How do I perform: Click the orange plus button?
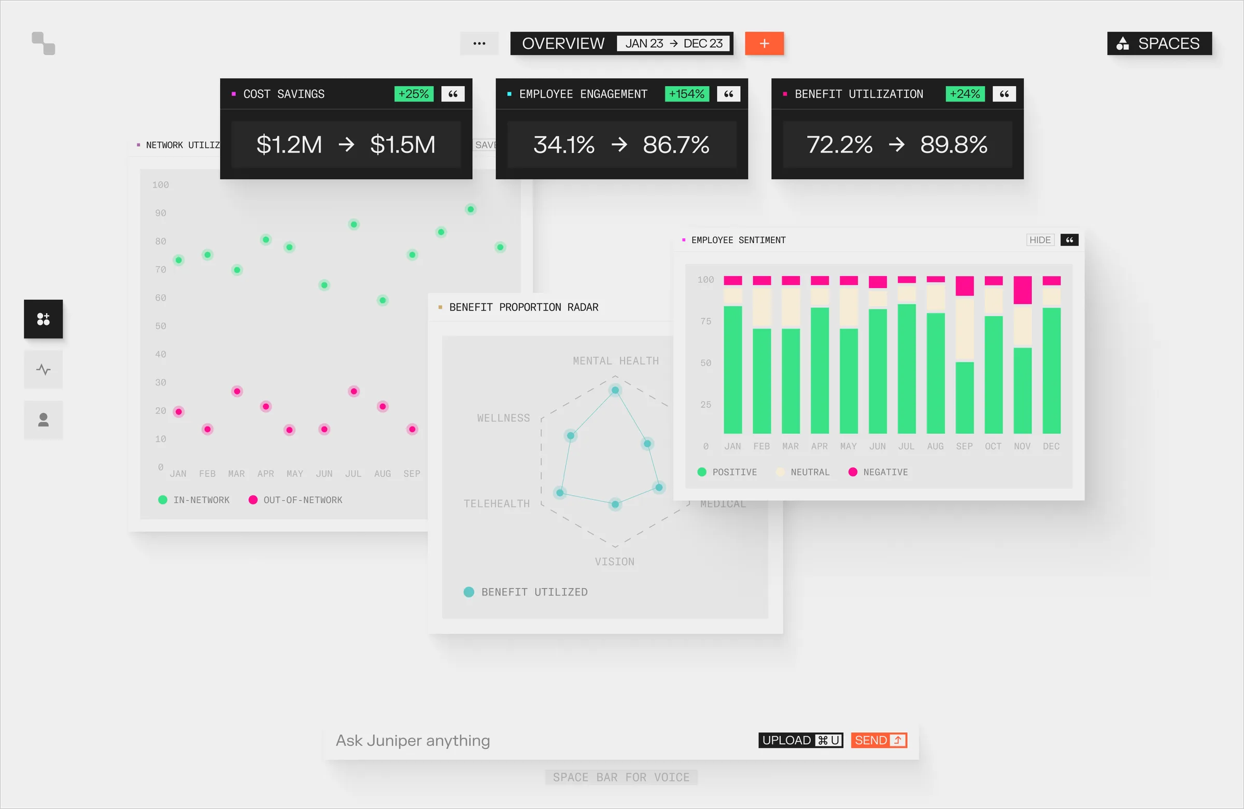click(x=764, y=44)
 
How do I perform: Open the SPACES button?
click(x=1159, y=44)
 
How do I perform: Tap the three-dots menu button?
click(x=479, y=44)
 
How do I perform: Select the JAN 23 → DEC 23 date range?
click(x=673, y=44)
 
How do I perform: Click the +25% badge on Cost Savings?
click(x=413, y=94)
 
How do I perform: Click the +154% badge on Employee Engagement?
click(x=686, y=94)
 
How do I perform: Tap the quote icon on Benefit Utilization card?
click(x=1003, y=94)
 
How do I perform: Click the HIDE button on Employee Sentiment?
click(x=1039, y=240)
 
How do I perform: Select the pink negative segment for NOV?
click(x=1022, y=290)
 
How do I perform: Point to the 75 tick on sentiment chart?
click(x=705, y=321)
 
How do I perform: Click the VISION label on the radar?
click(x=614, y=562)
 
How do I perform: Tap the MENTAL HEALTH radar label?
click(x=615, y=361)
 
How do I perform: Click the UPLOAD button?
click(x=800, y=740)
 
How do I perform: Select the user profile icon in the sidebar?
click(x=44, y=420)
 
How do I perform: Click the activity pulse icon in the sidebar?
click(x=44, y=370)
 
